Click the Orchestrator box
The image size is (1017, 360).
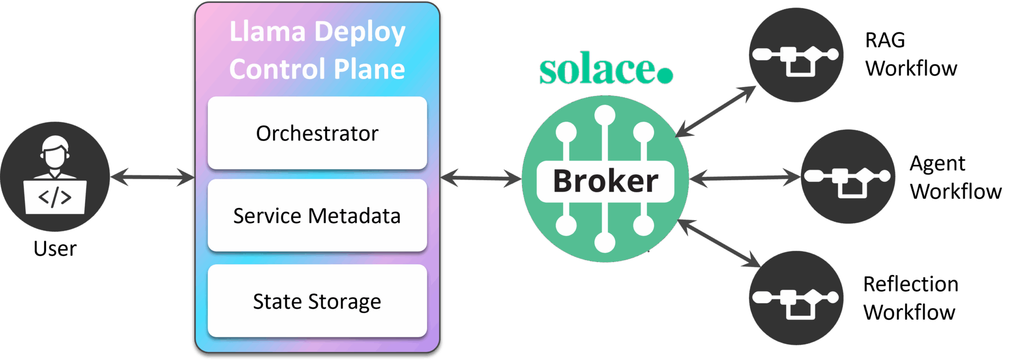point(317,133)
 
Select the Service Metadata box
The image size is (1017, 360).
point(317,216)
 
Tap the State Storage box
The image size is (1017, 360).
point(317,301)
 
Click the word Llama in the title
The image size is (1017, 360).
point(267,32)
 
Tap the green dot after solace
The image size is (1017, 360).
point(665,75)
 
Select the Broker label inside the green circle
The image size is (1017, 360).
point(605,181)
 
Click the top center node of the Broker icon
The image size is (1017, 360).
point(605,115)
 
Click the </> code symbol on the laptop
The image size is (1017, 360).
point(55,197)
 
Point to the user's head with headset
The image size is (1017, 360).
point(55,151)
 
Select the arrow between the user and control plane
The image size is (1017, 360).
point(152,177)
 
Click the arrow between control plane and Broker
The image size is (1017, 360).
point(481,178)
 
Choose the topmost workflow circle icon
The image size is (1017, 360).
point(796,55)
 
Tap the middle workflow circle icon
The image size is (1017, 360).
point(847,176)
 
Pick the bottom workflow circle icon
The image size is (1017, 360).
point(796,298)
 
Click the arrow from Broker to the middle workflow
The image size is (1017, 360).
point(745,177)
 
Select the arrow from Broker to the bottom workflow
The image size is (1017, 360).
point(719,243)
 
